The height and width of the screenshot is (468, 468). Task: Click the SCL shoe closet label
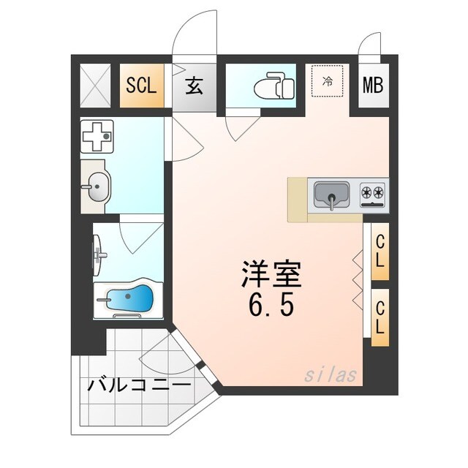tap(141, 86)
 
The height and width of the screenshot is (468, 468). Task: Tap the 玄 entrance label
tap(195, 86)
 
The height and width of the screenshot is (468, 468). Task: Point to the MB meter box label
tap(374, 86)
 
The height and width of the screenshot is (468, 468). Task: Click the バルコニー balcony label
tap(140, 384)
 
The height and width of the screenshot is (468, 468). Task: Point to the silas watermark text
tap(331, 375)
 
